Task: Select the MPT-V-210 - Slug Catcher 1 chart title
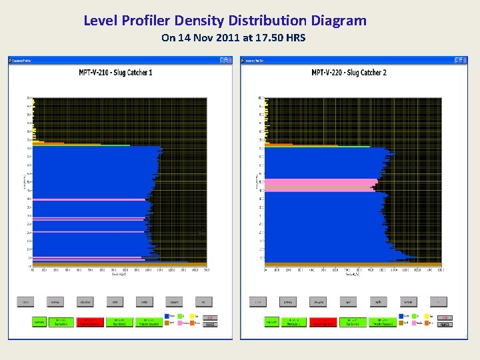tap(115, 73)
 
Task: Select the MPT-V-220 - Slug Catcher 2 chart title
tap(349, 73)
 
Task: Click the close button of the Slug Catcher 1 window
tap(229, 60)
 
